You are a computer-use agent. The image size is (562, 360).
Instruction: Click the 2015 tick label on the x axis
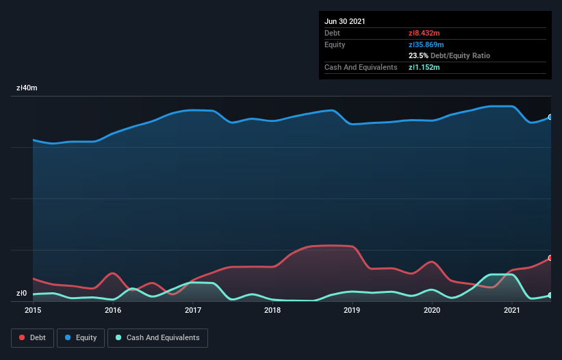[33, 310]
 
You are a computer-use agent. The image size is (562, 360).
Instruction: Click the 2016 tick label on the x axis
[113, 310]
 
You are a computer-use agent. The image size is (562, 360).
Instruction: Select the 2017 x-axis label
[193, 310]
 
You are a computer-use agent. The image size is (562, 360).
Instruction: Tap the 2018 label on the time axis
[272, 310]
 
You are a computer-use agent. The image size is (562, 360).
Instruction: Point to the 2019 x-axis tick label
[352, 310]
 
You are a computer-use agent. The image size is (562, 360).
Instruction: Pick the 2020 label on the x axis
[432, 310]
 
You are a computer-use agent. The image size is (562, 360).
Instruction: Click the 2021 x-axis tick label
[511, 310]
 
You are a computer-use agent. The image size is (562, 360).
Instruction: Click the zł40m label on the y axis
[27, 88]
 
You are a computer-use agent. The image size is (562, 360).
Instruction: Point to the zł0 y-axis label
[21, 294]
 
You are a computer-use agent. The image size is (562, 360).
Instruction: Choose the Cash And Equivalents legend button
[157, 337]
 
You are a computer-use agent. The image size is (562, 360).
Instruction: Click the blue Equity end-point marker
[550, 117]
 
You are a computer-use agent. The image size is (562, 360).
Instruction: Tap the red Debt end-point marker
[550, 258]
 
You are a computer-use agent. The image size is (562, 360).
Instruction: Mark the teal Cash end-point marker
[550, 295]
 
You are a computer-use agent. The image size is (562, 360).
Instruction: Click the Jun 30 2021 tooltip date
[345, 21]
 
